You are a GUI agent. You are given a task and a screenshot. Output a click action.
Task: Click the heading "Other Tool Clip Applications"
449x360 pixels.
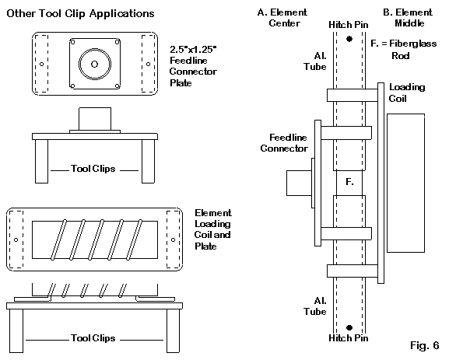pyautogui.click(x=80, y=13)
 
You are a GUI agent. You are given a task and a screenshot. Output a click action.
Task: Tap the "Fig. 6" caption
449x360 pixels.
pyautogui.click(x=424, y=345)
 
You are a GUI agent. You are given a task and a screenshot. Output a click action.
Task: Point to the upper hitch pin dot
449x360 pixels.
pyautogui.click(x=349, y=39)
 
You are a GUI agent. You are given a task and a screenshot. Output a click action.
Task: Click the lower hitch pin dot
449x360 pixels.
pyautogui.click(x=349, y=327)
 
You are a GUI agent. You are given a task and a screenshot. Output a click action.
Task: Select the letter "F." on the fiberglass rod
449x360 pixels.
pyautogui.click(x=349, y=182)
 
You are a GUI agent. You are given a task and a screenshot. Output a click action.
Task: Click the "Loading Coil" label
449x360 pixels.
pyautogui.click(x=407, y=93)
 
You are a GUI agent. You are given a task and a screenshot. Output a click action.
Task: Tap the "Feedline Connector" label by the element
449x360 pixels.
pyautogui.click(x=284, y=143)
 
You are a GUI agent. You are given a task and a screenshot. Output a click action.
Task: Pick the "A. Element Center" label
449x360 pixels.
pyautogui.click(x=282, y=18)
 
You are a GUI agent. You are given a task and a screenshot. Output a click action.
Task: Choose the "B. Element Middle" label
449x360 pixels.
pyautogui.click(x=408, y=18)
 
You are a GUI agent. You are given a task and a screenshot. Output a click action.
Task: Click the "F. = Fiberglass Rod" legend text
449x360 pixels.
pyautogui.click(x=403, y=49)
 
